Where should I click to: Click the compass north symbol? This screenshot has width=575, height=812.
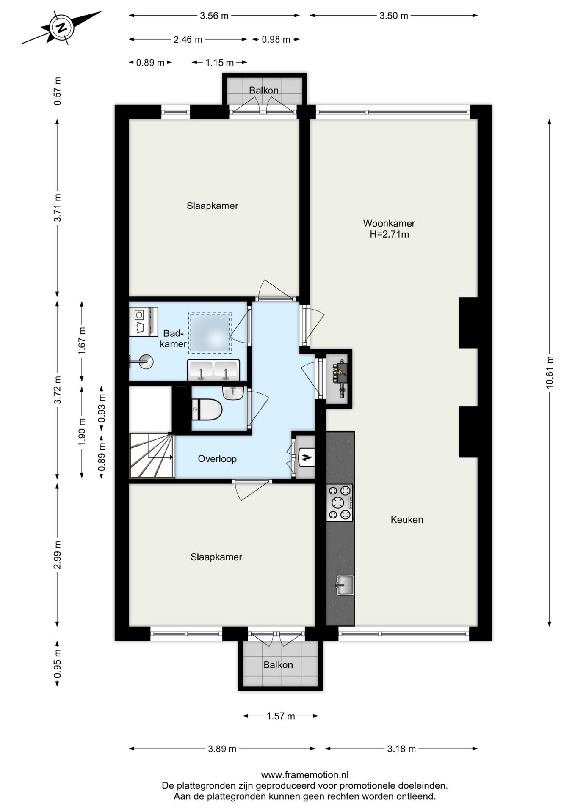pos(62,28)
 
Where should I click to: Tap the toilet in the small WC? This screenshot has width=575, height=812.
pos(207,410)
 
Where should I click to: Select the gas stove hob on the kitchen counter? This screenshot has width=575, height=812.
pos(339,502)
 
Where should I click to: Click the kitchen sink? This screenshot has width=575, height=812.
pos(345,585)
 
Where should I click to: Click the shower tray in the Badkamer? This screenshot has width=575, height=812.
pos(210,332)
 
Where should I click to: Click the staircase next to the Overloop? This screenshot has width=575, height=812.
pos(152,456)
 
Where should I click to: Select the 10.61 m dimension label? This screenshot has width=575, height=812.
pos(550,372)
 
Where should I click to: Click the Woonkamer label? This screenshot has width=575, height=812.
pos(389,223)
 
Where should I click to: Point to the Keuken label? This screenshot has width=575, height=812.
pos(406,520)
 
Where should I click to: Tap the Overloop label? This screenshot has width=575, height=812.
pos(217,459)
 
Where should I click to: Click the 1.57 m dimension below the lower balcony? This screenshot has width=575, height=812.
pos(280,716)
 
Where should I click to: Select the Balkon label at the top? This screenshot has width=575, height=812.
pos(263,90)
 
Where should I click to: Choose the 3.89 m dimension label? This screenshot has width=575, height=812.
pos(222,749)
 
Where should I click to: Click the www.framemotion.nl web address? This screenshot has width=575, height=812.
pos(304,775)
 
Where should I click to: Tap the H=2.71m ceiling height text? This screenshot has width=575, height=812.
pos(389,235)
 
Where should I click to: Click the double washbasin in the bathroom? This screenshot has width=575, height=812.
pos(213,370)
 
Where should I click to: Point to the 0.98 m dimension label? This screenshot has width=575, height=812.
pos(276,40)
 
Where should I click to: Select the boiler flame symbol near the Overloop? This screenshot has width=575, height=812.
pos(306,457)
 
